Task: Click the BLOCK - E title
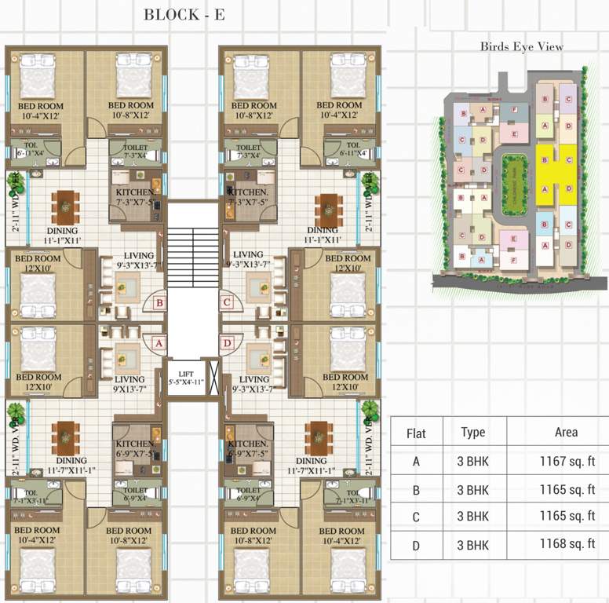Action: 184,14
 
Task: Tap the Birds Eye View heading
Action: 522,46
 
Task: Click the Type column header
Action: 473,433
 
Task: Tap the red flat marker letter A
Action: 158,342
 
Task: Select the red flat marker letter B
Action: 159,301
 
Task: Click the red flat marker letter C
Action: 227,301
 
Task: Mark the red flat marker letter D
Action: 227,342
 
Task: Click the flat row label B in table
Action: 416,489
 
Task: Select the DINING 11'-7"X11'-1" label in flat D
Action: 312,466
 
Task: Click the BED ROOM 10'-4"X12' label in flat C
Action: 339,110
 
